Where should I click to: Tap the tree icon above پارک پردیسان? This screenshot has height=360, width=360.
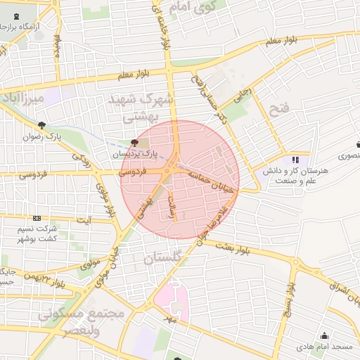(135, 142)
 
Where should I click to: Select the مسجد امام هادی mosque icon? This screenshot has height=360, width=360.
(324, 335)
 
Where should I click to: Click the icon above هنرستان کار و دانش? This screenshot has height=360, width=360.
(296, 160)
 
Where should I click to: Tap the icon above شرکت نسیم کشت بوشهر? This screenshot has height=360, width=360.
(37, 219)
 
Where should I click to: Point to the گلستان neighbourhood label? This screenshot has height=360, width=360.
(162, 259)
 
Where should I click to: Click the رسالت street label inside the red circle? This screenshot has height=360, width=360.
(172, 207)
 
